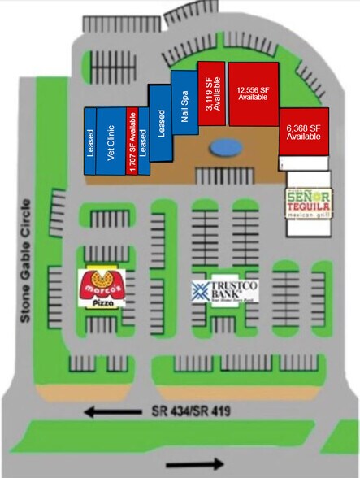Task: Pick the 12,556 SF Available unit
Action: pos(253,93)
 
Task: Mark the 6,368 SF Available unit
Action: pos(304,131)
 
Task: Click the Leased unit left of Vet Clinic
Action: pos(90,141)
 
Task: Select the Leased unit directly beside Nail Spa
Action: pos(160,123)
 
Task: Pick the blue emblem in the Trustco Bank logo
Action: pos(200,289)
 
